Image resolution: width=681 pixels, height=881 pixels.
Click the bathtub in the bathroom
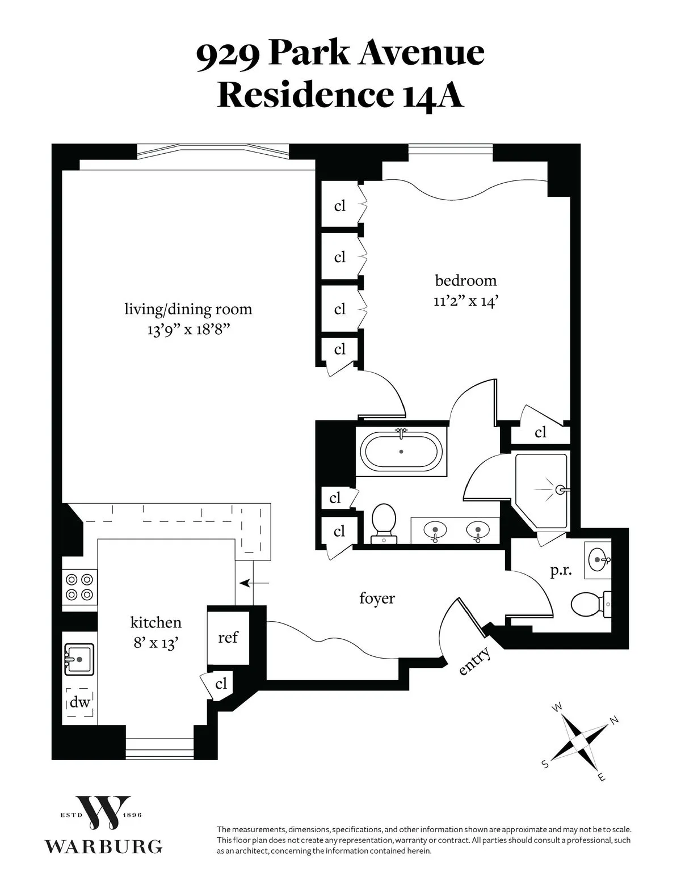[401, 452]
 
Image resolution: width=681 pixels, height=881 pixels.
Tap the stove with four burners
[79, 587]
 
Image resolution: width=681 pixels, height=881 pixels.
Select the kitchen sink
[79, 659]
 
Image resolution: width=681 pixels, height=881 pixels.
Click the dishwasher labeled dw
[80, 702]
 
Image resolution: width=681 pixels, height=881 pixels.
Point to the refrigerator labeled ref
[228, 637]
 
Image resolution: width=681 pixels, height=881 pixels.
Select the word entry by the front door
[474, 661]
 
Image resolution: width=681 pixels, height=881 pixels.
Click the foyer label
[377, 598]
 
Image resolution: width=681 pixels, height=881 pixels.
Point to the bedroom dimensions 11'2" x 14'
[465, 301]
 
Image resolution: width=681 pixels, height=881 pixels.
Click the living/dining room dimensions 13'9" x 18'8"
[188, 330]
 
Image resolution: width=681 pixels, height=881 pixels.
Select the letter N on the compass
[613, 721]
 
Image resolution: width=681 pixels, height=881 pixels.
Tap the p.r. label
[561, 571]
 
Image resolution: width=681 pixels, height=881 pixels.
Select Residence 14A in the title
[340, 95]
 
